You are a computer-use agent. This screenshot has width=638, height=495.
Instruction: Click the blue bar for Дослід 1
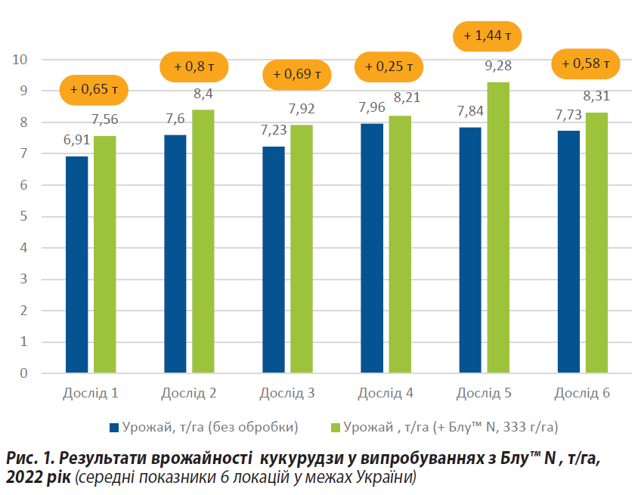77,265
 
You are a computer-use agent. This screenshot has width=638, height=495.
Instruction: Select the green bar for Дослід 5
498,227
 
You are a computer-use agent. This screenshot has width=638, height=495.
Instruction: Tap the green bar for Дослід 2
203,241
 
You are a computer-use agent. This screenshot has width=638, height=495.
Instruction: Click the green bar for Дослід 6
596,243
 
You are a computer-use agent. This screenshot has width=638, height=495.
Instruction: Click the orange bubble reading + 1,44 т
487,35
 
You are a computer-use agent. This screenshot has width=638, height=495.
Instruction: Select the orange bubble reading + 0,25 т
389,67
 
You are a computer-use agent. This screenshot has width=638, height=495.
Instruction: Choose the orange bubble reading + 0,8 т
194,67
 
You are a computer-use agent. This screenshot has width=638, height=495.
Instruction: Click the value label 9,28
497,66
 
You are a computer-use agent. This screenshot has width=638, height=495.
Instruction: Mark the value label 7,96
372,107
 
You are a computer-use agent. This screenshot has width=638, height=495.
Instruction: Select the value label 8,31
596,96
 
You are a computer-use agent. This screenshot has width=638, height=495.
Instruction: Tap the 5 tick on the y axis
23,216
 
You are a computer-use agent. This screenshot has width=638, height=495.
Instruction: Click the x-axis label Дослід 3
287,394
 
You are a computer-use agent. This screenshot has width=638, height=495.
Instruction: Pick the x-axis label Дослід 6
582,394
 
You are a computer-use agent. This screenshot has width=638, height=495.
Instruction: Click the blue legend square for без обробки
115,427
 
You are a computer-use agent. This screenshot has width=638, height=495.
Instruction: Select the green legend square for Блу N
336,427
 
